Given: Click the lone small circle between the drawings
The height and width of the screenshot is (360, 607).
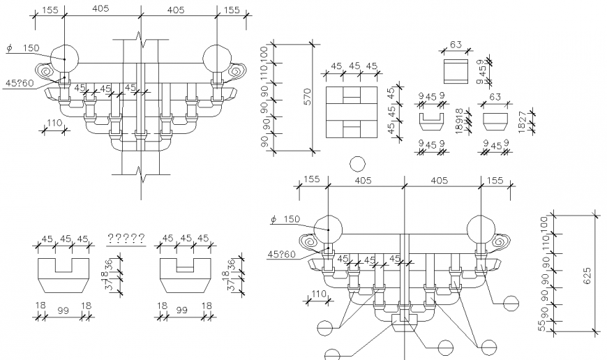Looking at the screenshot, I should coord(357,164).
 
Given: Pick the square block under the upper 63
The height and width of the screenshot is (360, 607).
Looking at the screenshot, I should coord(456,70).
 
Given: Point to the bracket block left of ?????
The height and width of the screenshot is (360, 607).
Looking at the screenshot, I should coord(63,275).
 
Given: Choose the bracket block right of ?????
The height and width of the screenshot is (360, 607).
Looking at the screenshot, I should coord(186,275).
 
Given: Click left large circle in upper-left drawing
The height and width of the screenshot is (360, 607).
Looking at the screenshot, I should coord(64,55).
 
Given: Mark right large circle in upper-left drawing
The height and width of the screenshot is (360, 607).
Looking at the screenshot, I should coord(216,55).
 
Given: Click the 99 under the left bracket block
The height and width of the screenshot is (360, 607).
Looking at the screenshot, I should coord(63,306).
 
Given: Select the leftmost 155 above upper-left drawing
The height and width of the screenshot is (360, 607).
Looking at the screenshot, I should coord(49,10).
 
